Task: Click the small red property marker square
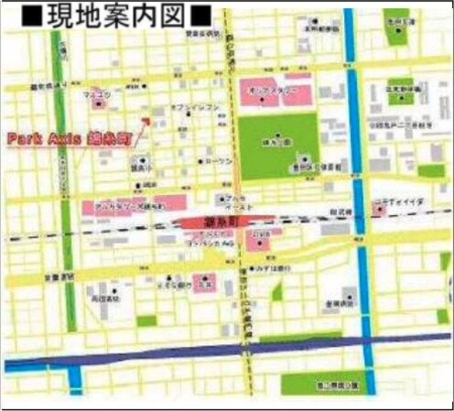(x=146, y=119)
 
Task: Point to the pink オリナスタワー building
(x=272, y=92)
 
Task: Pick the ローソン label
(x=221, y=161)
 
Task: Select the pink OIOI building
(x=260, y=240)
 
